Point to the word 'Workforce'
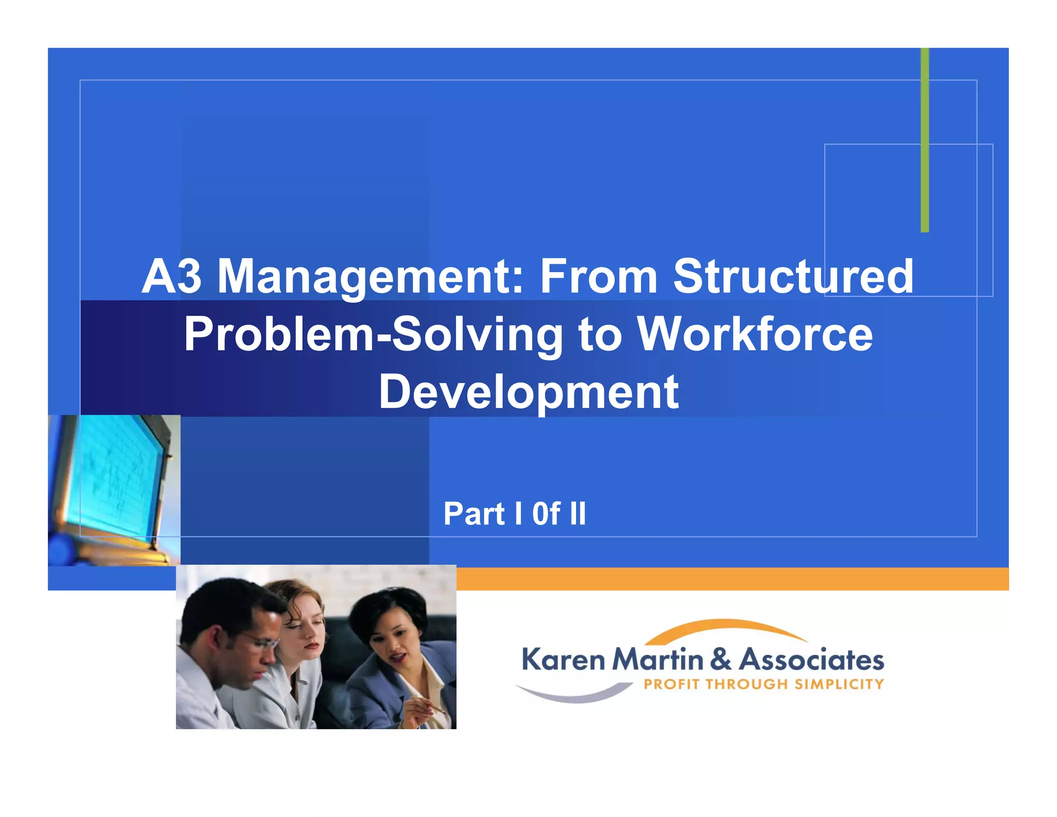click(x=755, y=334)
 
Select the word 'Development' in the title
click(x=528, y=392)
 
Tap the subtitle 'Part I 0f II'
click(x=515, y=514)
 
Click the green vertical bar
click(x=924, y=139)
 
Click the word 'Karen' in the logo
click(x=563, y=660)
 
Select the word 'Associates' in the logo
click(x=811, y=660)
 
